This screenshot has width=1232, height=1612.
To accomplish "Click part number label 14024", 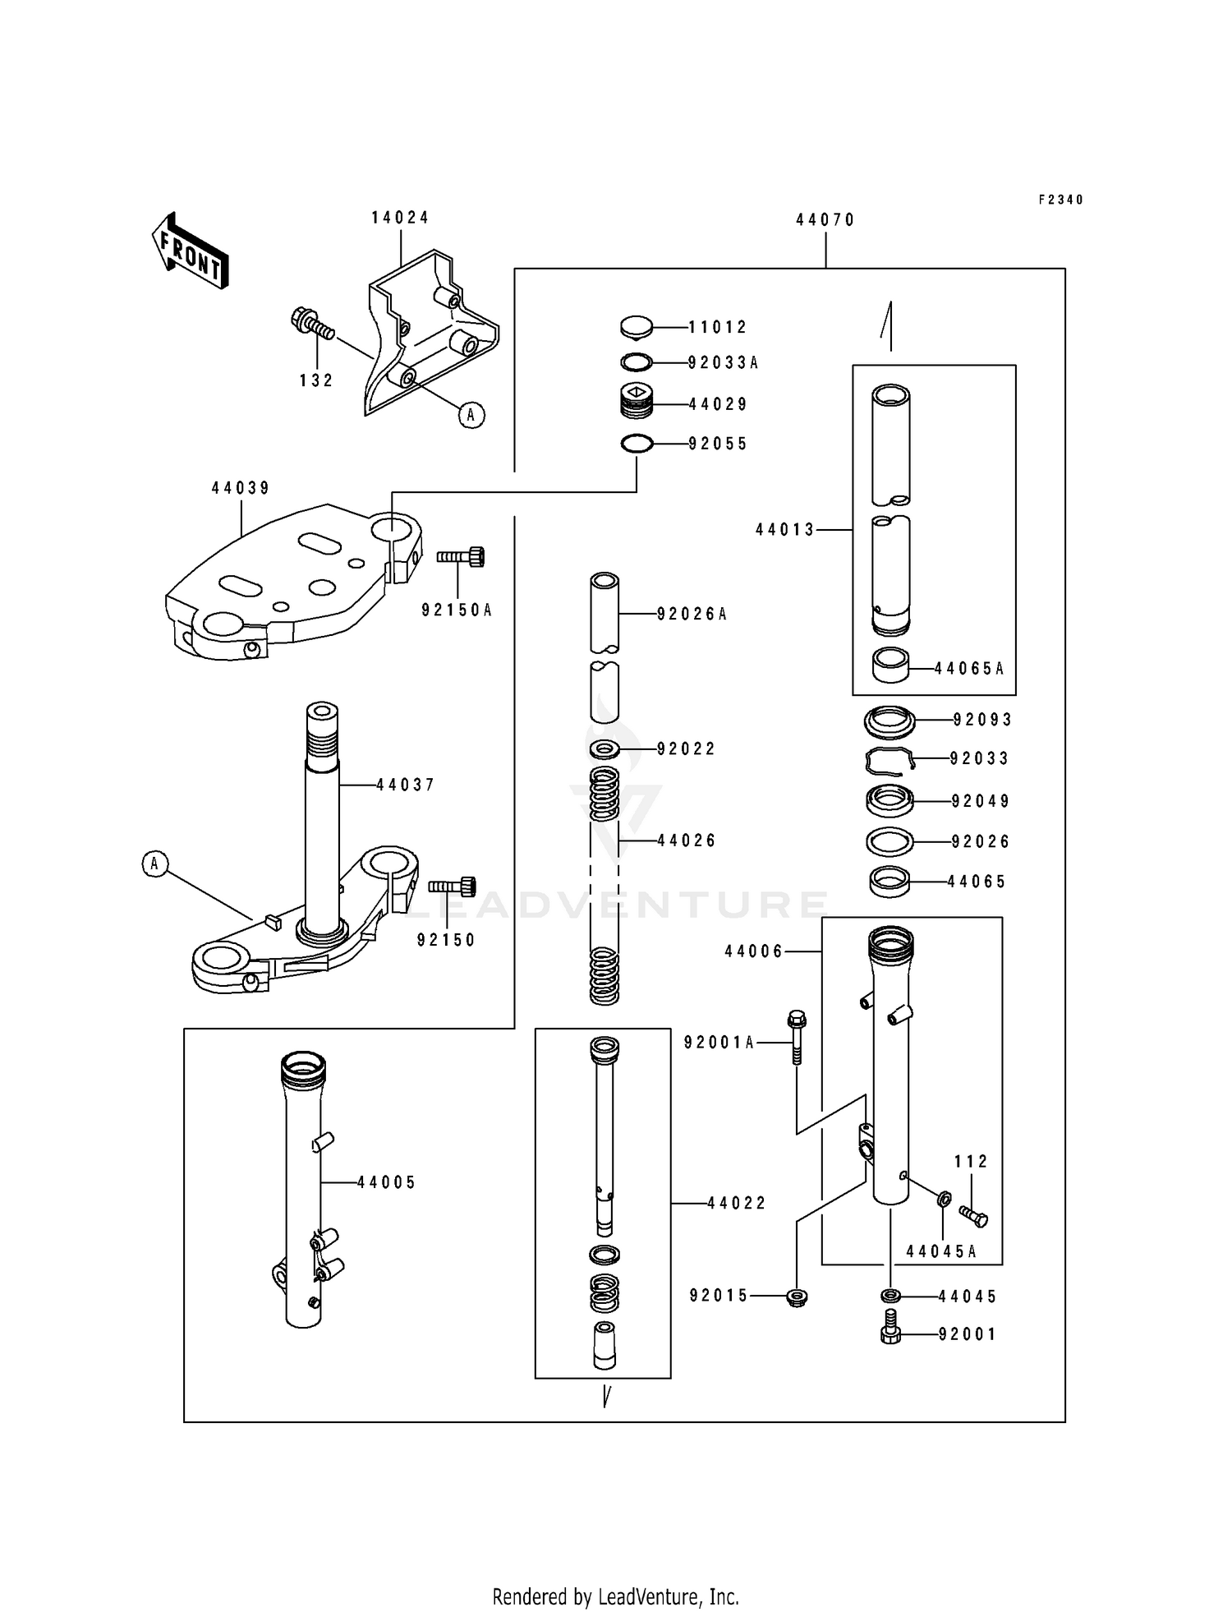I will pyautogui.click(x=400, y=218).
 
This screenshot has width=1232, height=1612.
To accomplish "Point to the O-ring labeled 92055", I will pyautogui.click(x=637, y=444).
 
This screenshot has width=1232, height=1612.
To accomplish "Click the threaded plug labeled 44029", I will pyautogui.click(x=637, y=403).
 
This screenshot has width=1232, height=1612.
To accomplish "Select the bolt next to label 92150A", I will pyautogui.click(x=461, y=557).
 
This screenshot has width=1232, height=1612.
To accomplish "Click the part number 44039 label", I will pyautogui.click(x=240, y=488).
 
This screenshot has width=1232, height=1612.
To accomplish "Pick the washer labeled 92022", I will pyautogui.click(x=605, y=748).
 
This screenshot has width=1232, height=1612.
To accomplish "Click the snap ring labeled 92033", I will pyautogui.click(x=889, y=761).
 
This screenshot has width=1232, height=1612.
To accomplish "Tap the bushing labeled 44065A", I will pyautogui.click(x=890, y=666).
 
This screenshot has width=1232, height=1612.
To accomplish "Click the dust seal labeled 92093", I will pyautogui.click(x=890, y=721).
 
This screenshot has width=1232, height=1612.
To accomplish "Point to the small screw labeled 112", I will pyautogui.click(x=973, y=1216).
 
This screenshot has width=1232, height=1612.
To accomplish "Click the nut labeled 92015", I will pyautogui.click(x=796, y=1297).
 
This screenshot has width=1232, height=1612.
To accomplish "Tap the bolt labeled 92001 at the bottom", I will pyautogui.click(x=890, y=1334).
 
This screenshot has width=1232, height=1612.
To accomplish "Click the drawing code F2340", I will pyautogui.click(x=1060, y=200).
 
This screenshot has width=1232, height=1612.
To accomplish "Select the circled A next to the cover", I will pyautogui.click(x=471, y=416).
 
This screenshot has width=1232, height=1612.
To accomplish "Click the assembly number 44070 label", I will pyautogui.click(x=825, y=220).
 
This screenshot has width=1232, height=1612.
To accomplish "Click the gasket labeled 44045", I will pyautogui.click(x=890, y=1296).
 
